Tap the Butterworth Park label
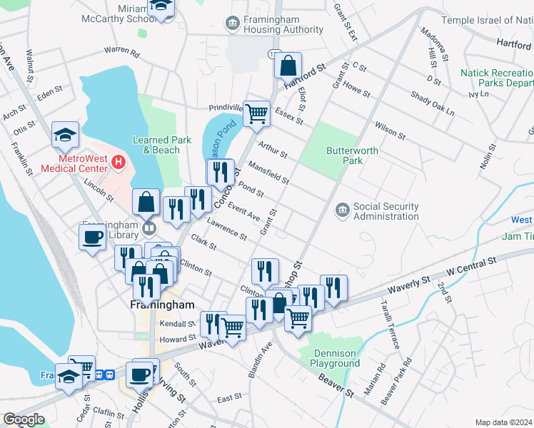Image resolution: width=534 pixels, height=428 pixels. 345,155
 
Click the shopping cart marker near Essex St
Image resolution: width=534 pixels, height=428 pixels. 256,113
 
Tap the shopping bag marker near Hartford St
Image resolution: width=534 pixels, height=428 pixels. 288,66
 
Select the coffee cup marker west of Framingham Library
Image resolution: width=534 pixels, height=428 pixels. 93,238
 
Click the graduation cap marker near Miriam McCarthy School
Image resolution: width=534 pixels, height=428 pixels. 161,9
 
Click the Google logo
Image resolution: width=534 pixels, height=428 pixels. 24,419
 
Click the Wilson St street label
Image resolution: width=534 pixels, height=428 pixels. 390,130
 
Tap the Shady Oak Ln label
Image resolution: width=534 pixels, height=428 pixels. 433,104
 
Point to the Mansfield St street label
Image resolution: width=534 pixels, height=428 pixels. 268,173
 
